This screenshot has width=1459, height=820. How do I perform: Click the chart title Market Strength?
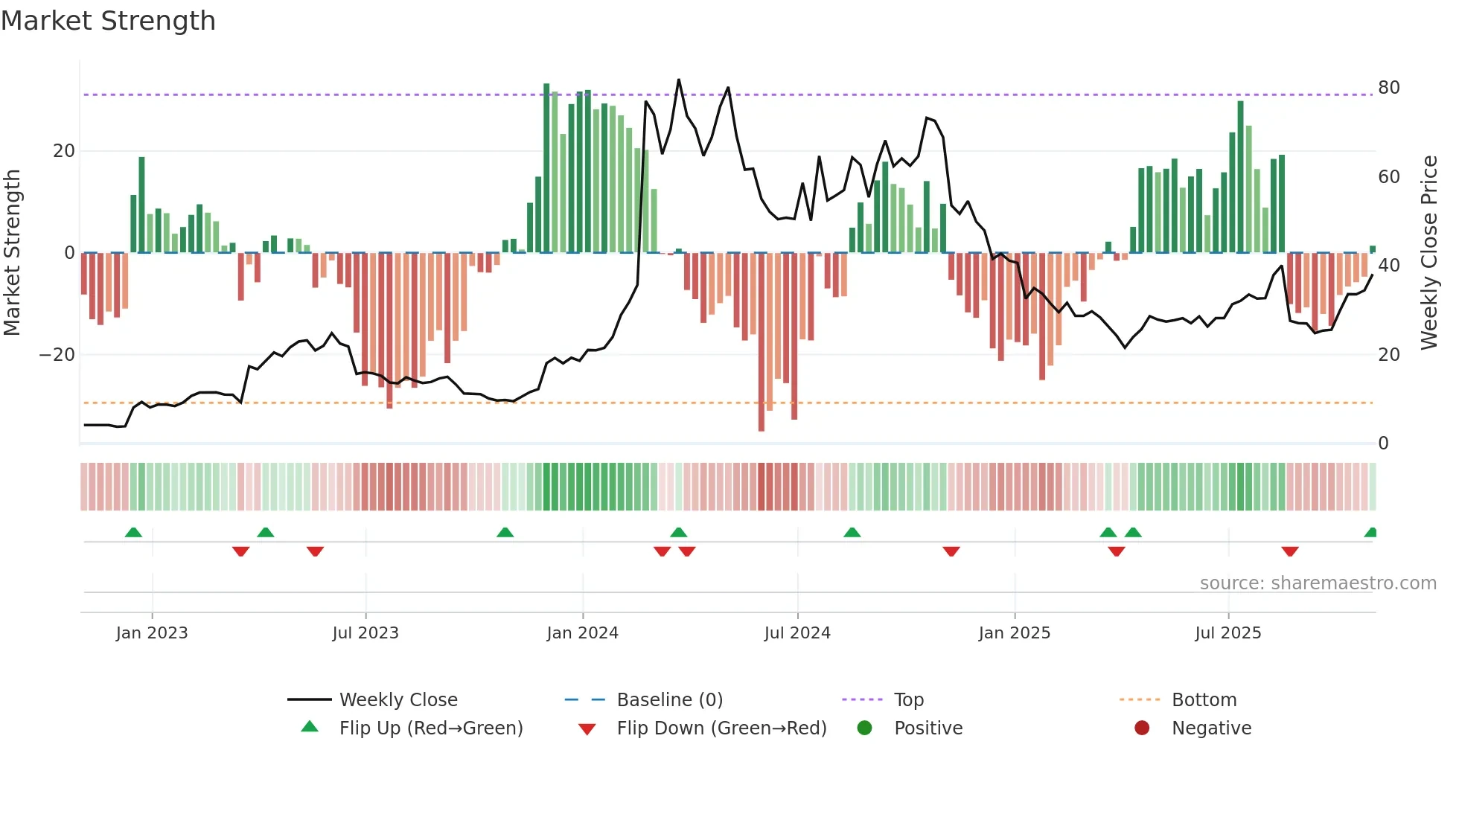108,21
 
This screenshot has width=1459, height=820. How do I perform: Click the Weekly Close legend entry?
398,699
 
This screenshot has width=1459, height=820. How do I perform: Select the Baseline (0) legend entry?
669,699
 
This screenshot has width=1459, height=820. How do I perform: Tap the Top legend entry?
908,699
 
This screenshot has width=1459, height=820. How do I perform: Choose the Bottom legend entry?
1204,699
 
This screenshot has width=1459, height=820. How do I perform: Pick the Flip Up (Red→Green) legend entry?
430,728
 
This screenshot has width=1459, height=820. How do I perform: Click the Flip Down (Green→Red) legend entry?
721,728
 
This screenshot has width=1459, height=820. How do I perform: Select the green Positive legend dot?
864,728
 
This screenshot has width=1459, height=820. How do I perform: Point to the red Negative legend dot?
1142,728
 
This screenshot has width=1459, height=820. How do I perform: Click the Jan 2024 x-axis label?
582,633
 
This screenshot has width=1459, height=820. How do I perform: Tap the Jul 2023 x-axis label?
365,633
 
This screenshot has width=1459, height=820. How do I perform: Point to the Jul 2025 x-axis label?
1228,633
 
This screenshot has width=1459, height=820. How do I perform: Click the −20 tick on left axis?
57,355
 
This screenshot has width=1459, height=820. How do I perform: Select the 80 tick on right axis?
1388,88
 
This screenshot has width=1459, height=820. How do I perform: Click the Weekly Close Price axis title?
1428,253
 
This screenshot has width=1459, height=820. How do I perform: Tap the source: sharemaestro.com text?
1318,583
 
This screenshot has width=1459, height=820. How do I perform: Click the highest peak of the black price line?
679,80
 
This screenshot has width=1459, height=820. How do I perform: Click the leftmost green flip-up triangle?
133,532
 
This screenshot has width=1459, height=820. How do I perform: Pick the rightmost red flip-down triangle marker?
1290,551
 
